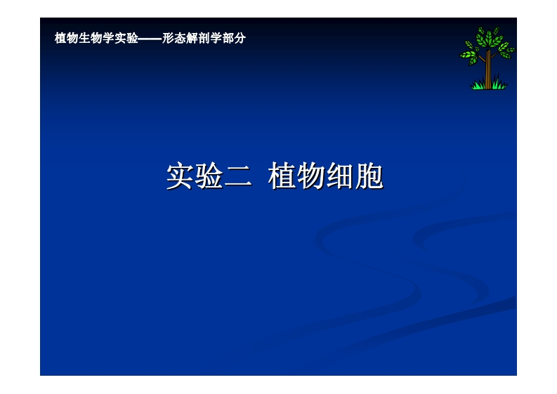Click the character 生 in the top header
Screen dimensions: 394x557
click(x=84, y=39)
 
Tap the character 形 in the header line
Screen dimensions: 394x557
click(x=168, y=39)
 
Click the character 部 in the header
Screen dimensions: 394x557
click(x=228, y=39)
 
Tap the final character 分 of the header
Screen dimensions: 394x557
click(x=240, y=39)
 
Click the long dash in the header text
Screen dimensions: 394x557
click(x=150, y=39)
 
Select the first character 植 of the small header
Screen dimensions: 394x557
click(x=60, y=39)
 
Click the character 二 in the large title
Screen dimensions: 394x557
click(x=239, y=177)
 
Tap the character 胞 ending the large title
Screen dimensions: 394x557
click(x=369, y=177)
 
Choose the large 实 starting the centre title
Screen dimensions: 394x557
click(x=180, y=177)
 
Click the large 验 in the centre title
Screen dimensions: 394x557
click(x=209, y=177)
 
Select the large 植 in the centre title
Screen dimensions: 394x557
click(x=282, y=177)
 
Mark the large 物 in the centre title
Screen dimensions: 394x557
click(x=311, y=177)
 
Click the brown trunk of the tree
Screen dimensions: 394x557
click(x=487, y=70)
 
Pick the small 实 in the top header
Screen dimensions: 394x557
click(x=120, y=39)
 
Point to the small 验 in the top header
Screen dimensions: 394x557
click(x=132, y=39)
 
